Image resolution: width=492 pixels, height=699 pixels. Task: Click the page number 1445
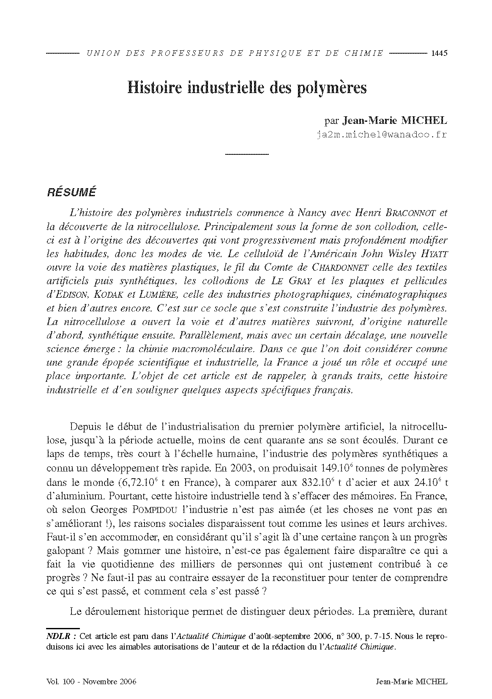click(439, 53)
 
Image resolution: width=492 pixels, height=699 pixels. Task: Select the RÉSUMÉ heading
click(71, 192)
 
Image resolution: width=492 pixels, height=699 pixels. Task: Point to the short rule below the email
click(247, 155)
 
